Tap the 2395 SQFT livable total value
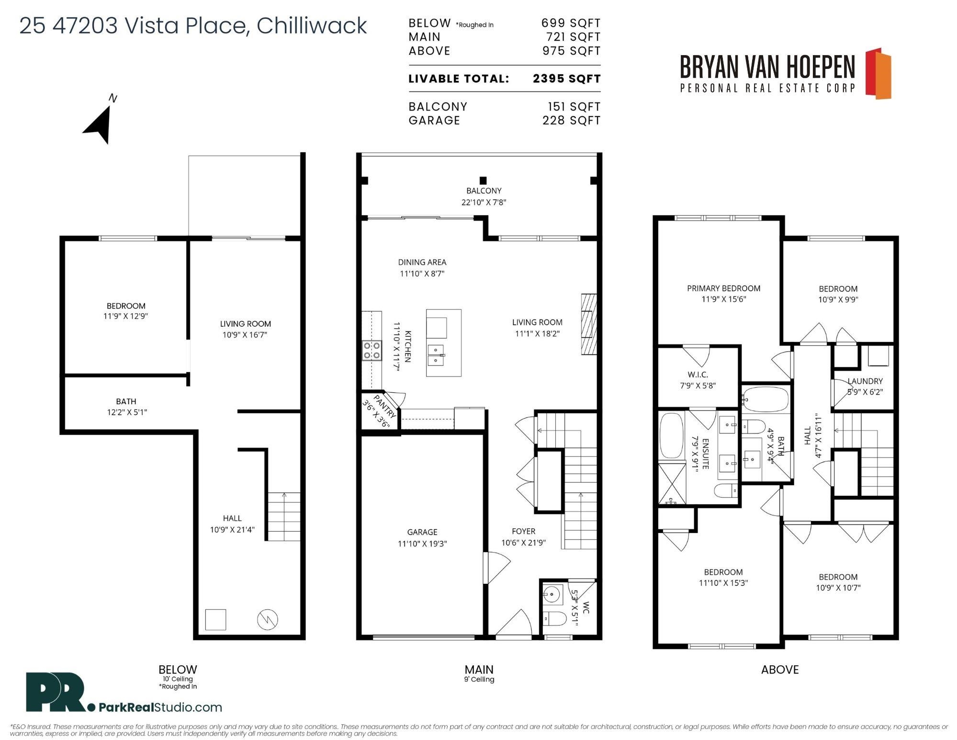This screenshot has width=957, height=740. [566, 79]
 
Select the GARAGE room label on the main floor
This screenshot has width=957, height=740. [422, 532]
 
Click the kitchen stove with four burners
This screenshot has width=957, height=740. [372, 350]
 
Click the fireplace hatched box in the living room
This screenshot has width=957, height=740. [589, 324]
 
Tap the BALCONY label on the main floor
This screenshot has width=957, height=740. [484, 191]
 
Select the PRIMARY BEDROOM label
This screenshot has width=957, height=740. [723, 288]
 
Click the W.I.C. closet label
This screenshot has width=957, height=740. [698, 375]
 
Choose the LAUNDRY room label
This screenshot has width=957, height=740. [865, 381]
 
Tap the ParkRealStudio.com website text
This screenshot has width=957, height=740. [160, 707]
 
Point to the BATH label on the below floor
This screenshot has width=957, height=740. [126, 401]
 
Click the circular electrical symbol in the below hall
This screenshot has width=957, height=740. [268, 620]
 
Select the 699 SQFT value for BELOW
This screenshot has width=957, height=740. [571, 23]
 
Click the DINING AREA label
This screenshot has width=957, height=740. [422, 262]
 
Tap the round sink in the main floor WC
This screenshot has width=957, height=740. [552, 595]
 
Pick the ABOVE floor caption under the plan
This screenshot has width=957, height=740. [780, 670]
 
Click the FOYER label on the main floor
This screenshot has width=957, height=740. [523, 531]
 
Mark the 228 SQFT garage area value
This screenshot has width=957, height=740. [571, 120]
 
